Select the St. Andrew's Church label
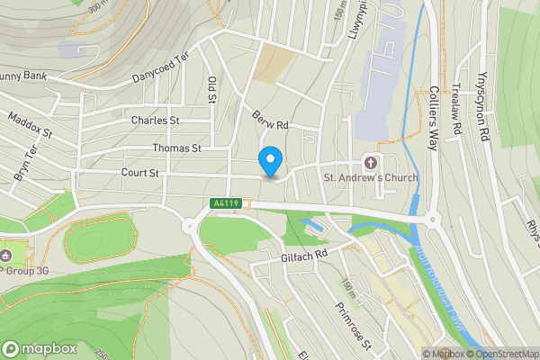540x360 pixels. coord(371,177)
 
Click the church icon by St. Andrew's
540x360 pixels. coord(370,162)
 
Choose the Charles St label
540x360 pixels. coord(155,121)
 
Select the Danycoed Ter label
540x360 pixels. coord(161,67)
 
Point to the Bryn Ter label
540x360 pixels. coord(25,164)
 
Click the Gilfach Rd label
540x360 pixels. coord(301,256)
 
